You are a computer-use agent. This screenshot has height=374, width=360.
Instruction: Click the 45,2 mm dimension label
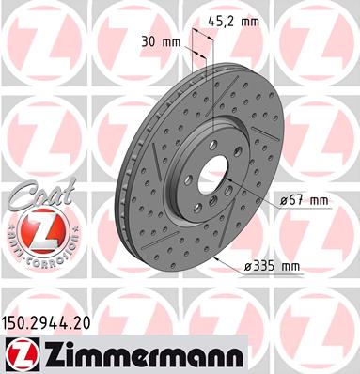point(233,22)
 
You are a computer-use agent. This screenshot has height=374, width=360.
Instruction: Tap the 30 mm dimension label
point(161,41)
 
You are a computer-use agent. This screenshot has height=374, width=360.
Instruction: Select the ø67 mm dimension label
point(304,200)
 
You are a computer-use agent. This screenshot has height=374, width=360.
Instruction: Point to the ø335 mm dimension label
point(272,267)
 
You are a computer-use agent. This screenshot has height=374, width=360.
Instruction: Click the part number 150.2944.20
point(46,323)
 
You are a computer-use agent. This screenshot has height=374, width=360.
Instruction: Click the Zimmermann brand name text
point(143,355)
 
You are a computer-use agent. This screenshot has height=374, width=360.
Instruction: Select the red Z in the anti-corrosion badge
point(42,231)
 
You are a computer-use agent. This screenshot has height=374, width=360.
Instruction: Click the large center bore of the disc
point(214,173)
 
